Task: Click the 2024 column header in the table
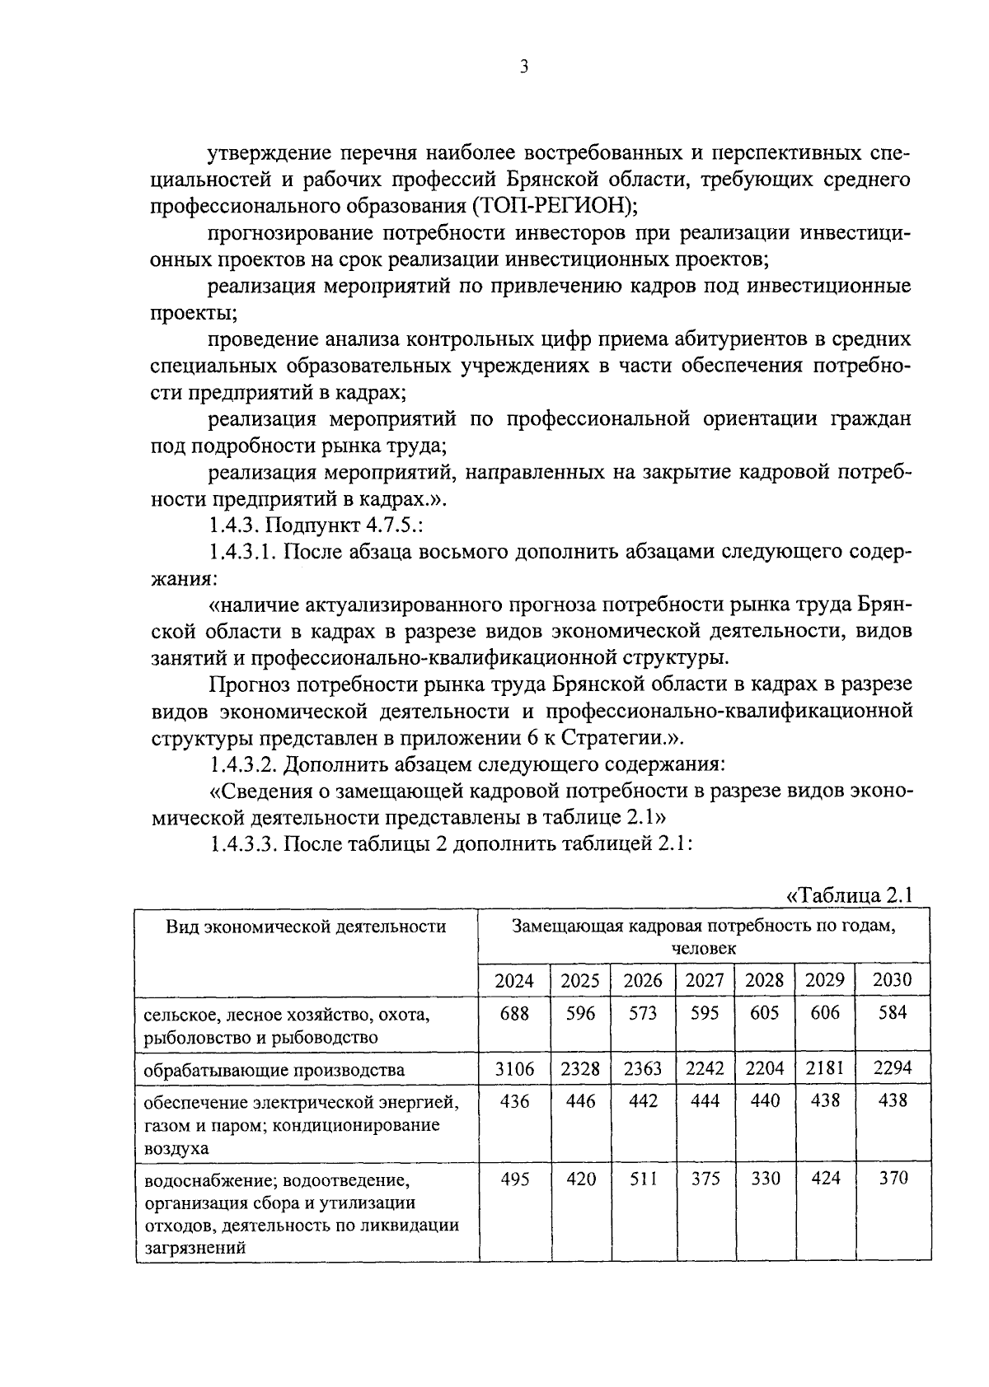coord(514,980)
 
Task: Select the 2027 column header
coord(705,980)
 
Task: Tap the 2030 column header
coord(893,980)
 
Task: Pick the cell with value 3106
coord(514,1069)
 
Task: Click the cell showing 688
coord(514,1013)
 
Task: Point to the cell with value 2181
coord(825,1069)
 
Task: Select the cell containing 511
coord(643,1179)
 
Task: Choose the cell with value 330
coord(765,1179)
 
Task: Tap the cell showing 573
coord(643,1013)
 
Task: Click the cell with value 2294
coord(893,1069)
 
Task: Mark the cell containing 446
coord(581,1101)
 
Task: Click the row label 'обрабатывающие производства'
coord(274,1071)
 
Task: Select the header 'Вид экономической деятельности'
coord(306,927)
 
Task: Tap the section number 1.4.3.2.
coord(244,764)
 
